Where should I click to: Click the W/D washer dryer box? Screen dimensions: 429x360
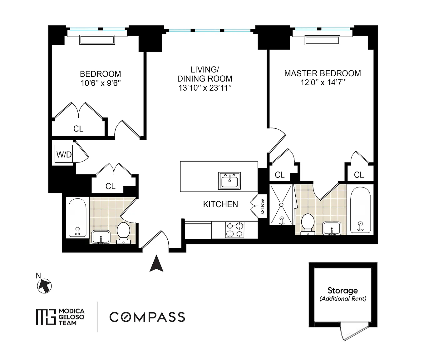coord(64,154)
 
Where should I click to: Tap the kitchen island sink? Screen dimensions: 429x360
coord(229,181)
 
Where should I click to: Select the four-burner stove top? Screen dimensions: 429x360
coord(234,230)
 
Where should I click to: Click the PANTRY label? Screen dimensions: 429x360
coord(262,206)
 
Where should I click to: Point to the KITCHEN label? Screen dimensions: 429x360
coord(220,204)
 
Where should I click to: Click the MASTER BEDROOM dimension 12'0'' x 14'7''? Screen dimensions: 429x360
coord(323,82)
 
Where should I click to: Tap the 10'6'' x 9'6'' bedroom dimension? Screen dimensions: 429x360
coord(101,83)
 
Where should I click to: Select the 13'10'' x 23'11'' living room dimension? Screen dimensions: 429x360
coord(205,88)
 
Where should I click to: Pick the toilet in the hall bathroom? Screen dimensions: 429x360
coord(123,233)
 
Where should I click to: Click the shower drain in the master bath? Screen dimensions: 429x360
coord(281,205)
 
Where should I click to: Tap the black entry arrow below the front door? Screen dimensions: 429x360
coord(156,263)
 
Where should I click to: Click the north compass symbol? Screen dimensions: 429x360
coord(44,286)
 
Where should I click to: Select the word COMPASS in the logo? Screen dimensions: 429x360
coord(147,317)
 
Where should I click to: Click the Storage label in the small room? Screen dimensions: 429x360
coord(343,290)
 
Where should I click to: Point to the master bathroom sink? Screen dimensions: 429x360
coord(332,228)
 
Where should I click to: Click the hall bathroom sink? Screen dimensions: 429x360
coord(101,237)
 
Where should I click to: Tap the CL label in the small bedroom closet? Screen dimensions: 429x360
coord(78,129)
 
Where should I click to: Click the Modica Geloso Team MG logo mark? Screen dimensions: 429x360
coord(46,317)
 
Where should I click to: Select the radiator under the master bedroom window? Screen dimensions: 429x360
coord(322,40)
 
